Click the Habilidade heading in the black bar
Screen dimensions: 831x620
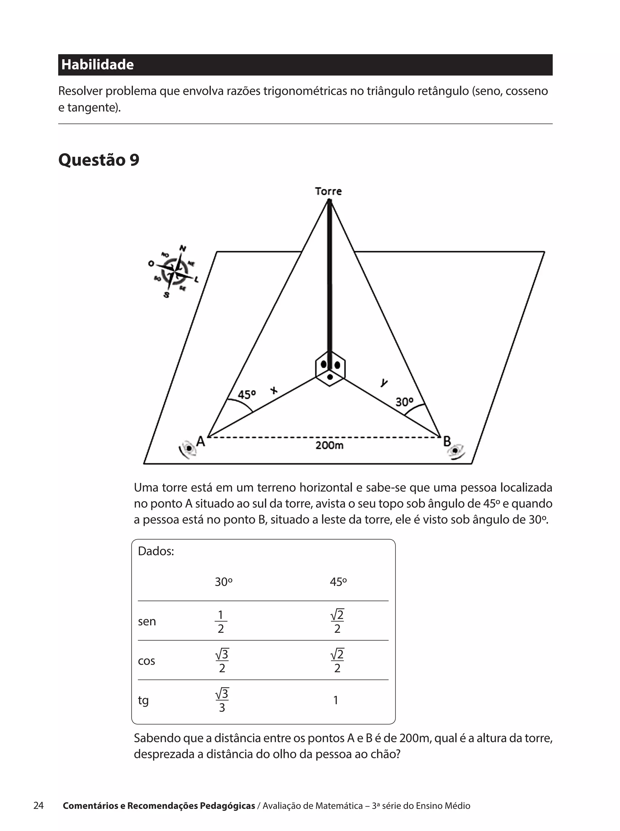pos(97,65)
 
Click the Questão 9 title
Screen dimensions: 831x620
pos(99,160)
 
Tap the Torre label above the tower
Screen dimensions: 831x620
pos(328,191)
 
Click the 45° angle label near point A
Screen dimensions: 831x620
pos(246,395)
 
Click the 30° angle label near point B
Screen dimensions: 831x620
pos(404,402)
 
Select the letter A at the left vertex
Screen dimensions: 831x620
pos(201,441)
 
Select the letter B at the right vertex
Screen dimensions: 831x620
pos(447,441)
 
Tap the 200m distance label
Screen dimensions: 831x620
pos(329,446)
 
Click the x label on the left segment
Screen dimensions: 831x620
pos(274,390)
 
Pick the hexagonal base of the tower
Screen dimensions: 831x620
pos(330,369)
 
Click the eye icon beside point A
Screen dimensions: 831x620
pos(188,449)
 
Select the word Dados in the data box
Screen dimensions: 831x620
pos(156,551)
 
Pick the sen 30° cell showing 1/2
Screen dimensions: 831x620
pos(221,622)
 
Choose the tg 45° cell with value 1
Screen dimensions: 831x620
pos(336,700)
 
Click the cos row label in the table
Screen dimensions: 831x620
pos(146,661)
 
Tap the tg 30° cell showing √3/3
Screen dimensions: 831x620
pos(222,700)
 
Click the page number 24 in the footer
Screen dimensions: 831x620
pos(39,806)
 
